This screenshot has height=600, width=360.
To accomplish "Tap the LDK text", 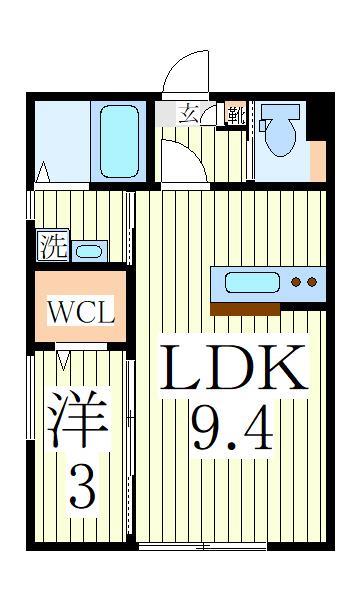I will click(x=234, y=371).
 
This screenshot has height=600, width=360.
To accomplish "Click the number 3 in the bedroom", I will click(x=82, y=490).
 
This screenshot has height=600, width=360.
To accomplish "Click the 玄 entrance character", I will click(x=188, y=112).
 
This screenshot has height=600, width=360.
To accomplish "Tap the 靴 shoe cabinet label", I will click(x=234, y=113).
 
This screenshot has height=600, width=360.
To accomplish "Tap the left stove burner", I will click(x=297, y=283).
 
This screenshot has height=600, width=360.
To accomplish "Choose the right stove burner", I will click(x=312, y=283).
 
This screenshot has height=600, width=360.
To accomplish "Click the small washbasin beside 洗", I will click(x=88, y=250).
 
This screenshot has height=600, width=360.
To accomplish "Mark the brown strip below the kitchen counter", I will click(x=245, y=309).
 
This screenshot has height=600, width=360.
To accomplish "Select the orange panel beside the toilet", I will click(x=317, y=160).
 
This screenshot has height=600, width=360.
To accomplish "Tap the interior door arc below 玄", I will click(x=182, y=160).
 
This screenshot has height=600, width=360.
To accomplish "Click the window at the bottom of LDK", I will click(x=203, y=547).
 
